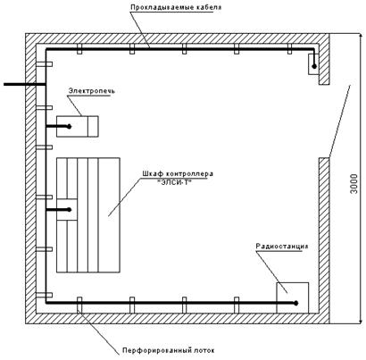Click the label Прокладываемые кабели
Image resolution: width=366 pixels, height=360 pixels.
click(176, 7)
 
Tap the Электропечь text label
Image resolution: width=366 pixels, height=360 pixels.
click(92, 90)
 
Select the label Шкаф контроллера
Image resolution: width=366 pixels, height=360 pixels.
click(178, 173)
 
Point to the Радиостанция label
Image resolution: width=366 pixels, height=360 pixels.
click(282, 247)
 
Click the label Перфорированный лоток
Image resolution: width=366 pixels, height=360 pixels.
click(169, 350)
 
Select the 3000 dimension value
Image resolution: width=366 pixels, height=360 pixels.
click(354, 184)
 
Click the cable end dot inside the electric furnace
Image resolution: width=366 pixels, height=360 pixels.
click(69, 127)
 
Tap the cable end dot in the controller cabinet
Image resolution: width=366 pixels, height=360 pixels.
click(69, 210)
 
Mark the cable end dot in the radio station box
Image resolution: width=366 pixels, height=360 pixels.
click(295, 303)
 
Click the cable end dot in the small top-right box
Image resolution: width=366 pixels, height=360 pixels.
click(314, 66)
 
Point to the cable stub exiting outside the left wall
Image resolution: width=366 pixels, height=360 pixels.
click(24, 85)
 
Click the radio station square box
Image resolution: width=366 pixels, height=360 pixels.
click(293, 297)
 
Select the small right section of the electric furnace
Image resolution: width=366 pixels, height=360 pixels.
click(94, 127)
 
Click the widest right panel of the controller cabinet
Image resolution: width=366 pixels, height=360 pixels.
click(109, 215)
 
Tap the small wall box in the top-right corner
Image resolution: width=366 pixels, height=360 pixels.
click(313, 64)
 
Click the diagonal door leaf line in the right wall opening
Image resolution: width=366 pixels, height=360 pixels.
click(339, 121)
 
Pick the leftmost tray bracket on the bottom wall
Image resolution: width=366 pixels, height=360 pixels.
click(79, 305)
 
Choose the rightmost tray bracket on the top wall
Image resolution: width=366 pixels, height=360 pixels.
click(289, 49)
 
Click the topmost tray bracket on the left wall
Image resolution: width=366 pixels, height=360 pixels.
click(44, 64)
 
